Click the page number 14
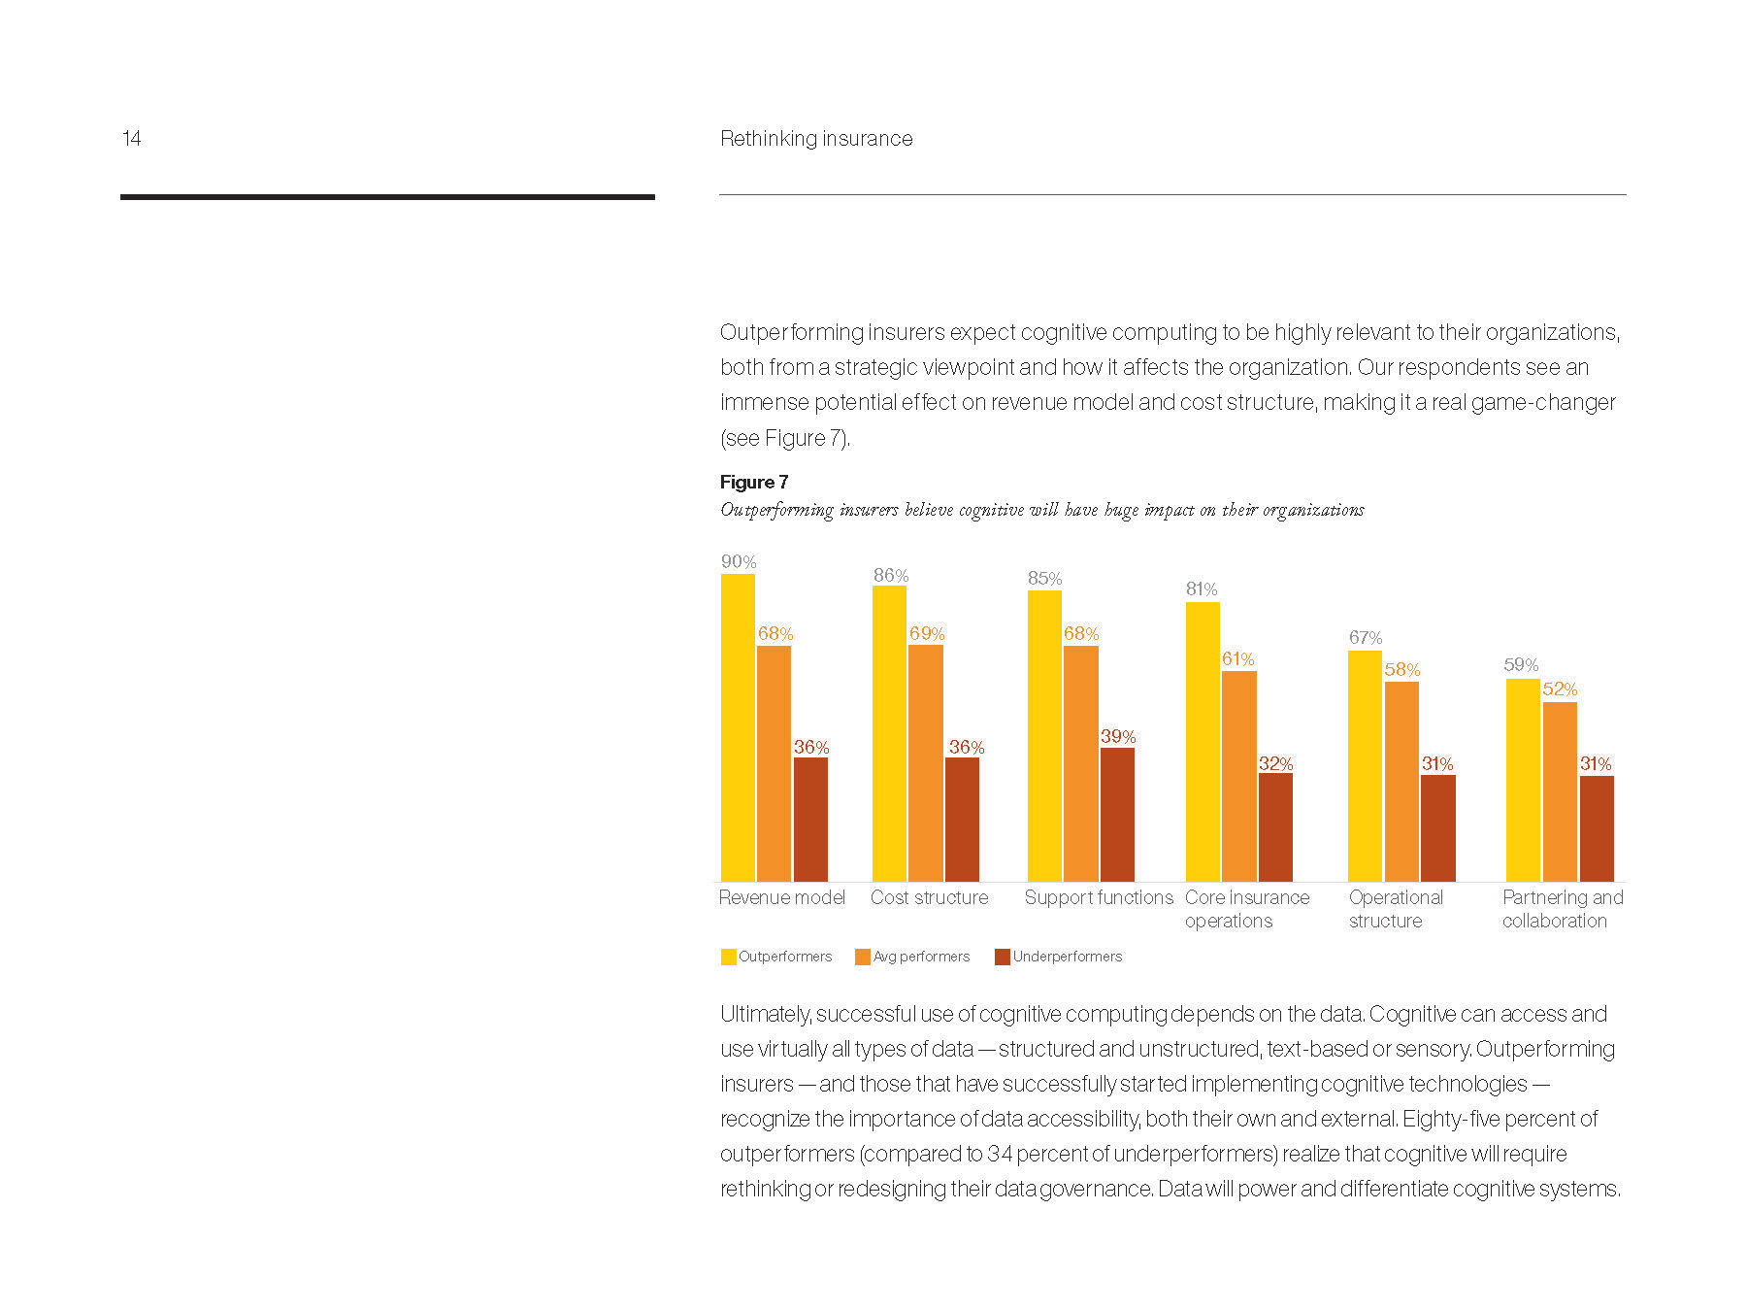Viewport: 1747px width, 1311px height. pos(131,139)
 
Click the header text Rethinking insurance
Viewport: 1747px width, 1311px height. pos(816,139)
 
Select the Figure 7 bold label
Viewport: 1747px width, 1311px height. pos(753,482)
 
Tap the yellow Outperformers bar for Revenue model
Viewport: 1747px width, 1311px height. pos(738,728)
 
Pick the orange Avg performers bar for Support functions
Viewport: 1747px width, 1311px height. pos(1080,763)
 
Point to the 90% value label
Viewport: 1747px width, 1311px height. pos(739,561)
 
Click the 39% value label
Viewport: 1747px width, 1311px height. pos(1118,736)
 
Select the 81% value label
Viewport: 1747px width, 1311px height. pos(1202,588)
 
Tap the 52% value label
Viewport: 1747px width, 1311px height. pos(1560,689)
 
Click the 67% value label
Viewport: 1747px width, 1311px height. pos(1366,637)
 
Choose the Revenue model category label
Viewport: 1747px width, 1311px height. pos(781,897)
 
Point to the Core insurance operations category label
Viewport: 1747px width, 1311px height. pos(1246,909)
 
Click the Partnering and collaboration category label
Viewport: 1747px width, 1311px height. pos(1562,909)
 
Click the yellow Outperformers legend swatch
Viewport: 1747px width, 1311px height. pos(728,957)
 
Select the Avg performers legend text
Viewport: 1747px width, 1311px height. pos(921,957)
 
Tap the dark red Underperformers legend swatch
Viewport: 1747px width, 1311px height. pos(1003,957)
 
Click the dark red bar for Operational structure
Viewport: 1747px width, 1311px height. pos(1437,827)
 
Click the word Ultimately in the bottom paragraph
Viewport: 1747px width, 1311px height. pos(765,1014)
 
